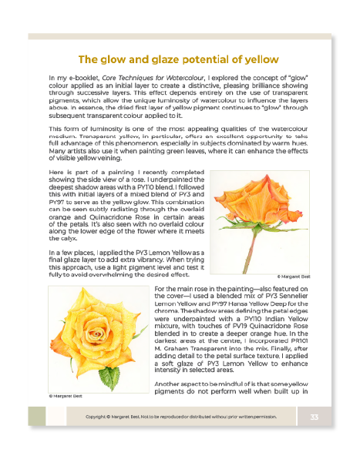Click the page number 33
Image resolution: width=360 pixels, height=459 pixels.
click(x=315, y=417)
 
